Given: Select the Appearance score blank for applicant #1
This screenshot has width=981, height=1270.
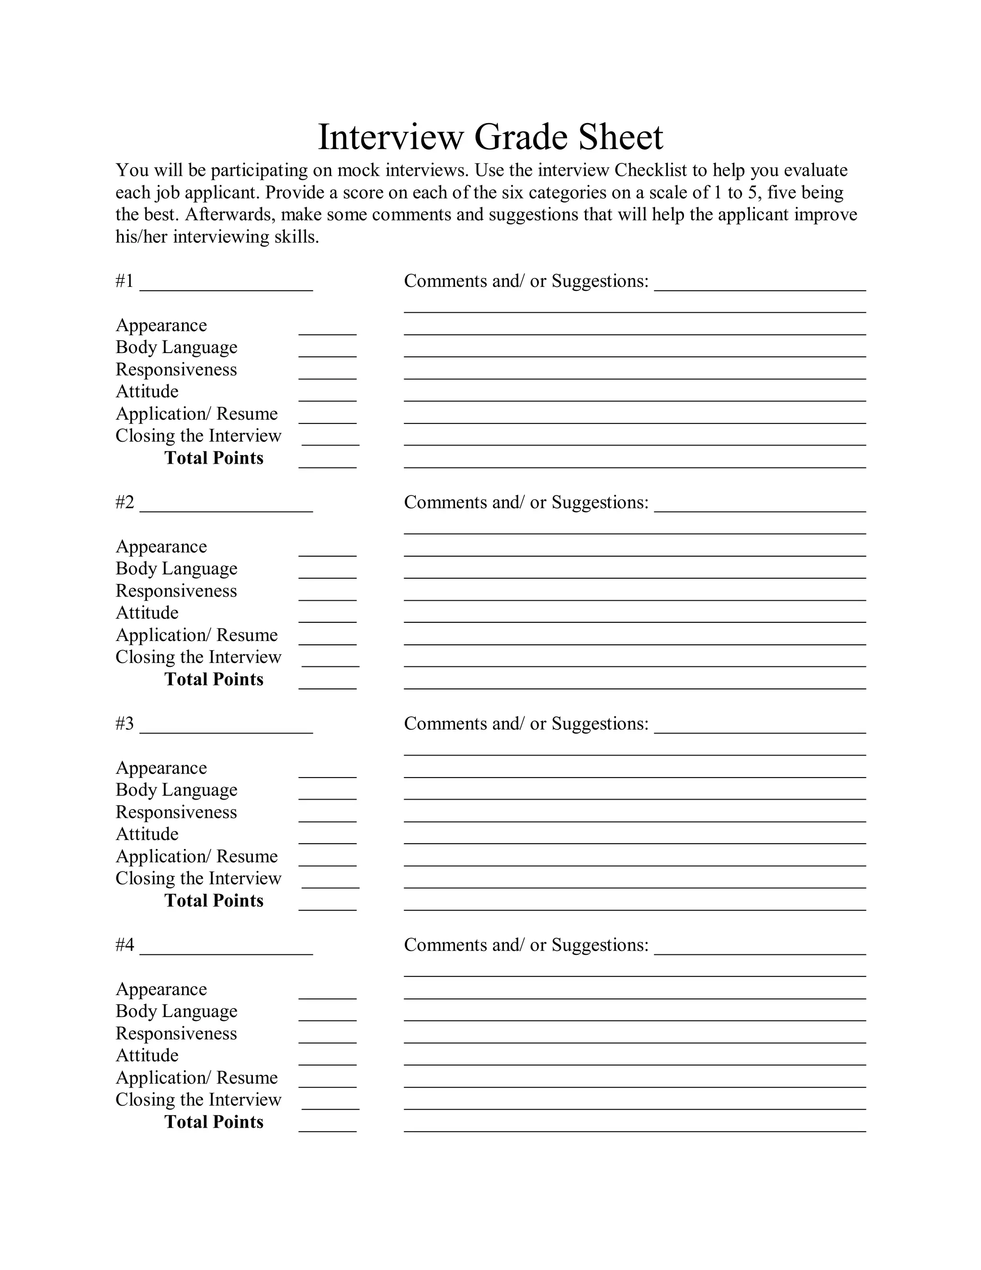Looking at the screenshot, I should (x=327, y=328).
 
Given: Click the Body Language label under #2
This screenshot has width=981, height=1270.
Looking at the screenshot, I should (x=176, y=569).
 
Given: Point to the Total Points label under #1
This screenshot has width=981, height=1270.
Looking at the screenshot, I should (x=214, y=458).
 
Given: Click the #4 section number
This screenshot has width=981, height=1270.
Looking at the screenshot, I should (x=125, y=945).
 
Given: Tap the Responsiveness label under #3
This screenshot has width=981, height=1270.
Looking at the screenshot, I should (x=176, y=812).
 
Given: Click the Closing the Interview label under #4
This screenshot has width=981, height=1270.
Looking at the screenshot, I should (x=198, y=1099).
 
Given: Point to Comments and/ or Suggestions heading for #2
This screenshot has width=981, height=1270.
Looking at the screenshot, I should (x=525, y=503).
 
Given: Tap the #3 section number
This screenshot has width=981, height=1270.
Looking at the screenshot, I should (x=125, y=723).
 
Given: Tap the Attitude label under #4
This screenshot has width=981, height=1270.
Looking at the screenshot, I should (x=147, y=1055).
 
